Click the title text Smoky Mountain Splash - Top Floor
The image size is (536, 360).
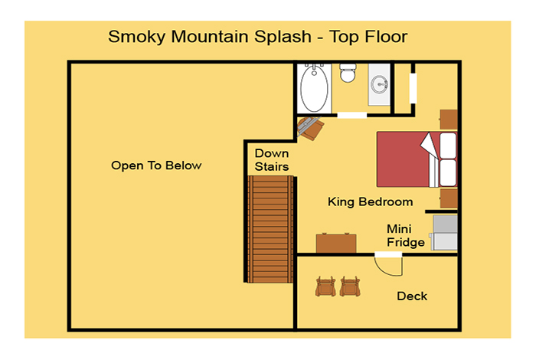(258, 37)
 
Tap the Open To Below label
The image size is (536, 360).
(156, 165)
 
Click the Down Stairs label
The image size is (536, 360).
(272, 159)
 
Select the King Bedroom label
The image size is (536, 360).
(370, 201)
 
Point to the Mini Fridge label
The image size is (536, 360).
(405, 236)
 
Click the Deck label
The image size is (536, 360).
(412, 296)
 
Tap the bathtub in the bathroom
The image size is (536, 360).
(314, 89)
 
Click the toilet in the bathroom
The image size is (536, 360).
(348, 73)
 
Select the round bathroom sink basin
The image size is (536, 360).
(380, 84)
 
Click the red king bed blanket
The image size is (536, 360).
(404, 159)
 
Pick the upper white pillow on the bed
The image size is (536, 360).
(448, 146)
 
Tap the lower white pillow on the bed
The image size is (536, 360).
(448, 172)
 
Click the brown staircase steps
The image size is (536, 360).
(270, 229)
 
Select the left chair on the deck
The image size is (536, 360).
(325, 286)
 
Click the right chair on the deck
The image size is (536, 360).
(350, 286)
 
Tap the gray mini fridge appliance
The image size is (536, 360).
(444, 233)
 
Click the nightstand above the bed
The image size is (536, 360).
(449, 119)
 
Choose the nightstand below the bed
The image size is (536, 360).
(449, 198)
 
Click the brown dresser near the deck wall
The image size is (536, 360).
(336, 243)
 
